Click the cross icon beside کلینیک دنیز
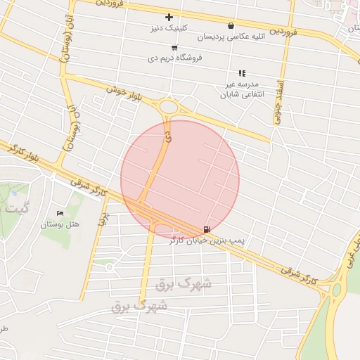[169, 17]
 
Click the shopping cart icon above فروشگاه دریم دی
[174, 48]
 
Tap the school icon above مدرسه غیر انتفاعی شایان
[242, 73]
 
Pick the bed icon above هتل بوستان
[60, 213]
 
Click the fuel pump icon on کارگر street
[206, 229]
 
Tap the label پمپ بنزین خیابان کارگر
[207, 241]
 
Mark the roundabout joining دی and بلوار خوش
[169, 107]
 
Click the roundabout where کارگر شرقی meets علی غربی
[336, 288]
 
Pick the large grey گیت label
[18, 208]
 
